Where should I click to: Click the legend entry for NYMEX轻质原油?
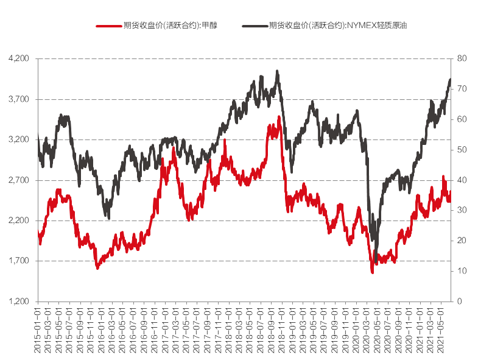point(310,26)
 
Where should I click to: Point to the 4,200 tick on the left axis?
point(19,58)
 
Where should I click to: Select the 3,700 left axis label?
point(19,99)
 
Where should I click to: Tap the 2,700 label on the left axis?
point(19,180)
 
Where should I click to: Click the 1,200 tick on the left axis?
point(19,302)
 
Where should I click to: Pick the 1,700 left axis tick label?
point(19,261)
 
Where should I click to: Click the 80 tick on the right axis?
point(462,58)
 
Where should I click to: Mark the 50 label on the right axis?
point(462,150)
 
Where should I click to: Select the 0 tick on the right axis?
point(459,302)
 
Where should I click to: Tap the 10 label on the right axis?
point(462,271)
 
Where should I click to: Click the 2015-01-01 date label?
point(38,329)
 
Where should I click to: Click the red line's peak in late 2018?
point(279,117)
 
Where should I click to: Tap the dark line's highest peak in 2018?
point(277,71)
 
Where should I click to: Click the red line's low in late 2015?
point(97,267)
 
